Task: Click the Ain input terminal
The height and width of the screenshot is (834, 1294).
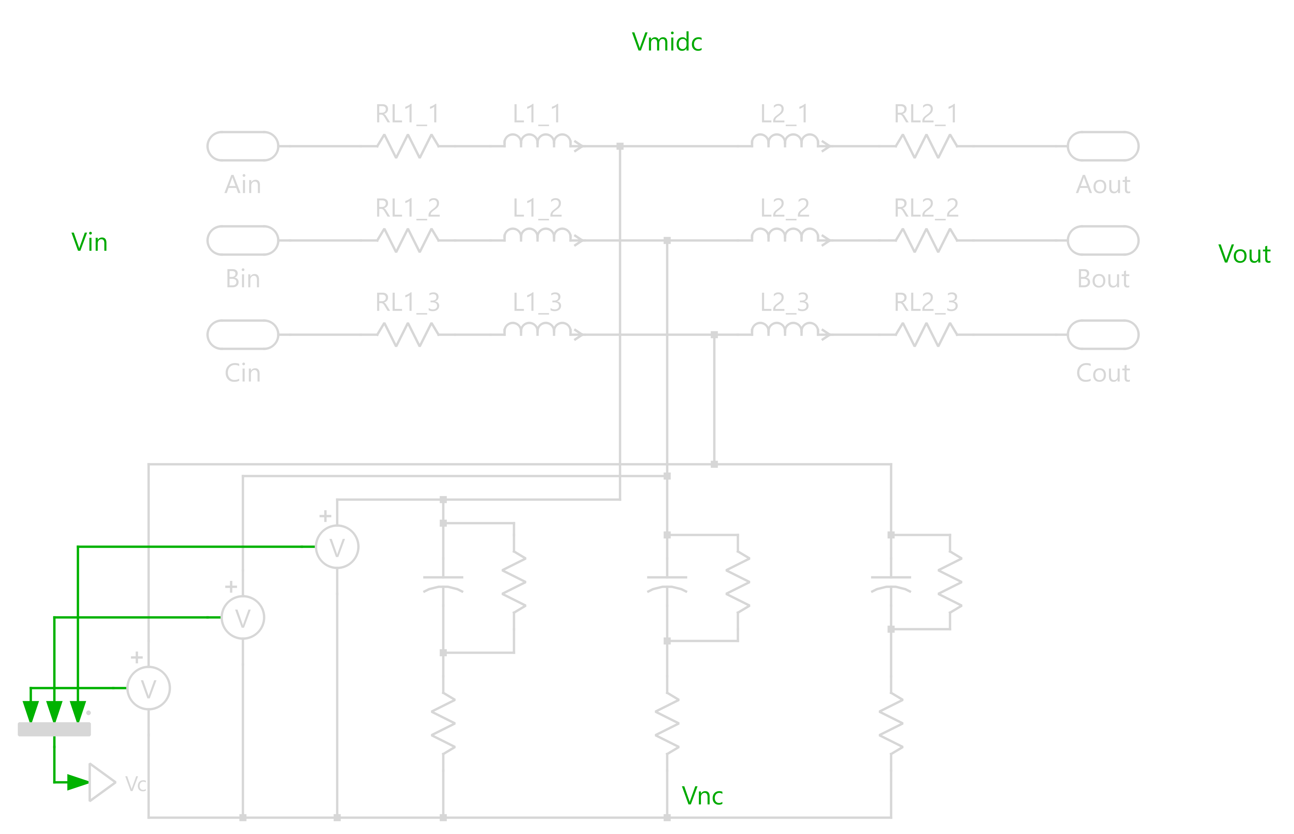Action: [243, 146]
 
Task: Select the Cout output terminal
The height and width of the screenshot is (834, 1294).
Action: [1103, 335]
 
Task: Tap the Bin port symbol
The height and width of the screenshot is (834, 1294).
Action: [243, 240]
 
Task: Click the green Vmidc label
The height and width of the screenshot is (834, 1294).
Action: [667, 42]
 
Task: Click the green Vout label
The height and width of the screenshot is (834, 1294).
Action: [1244, 254]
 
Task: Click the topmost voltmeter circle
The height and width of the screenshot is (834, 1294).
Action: [337, 547]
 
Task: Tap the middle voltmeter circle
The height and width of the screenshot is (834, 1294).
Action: [243, 617]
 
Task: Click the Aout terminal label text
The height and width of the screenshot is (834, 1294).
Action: [1103, 185]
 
